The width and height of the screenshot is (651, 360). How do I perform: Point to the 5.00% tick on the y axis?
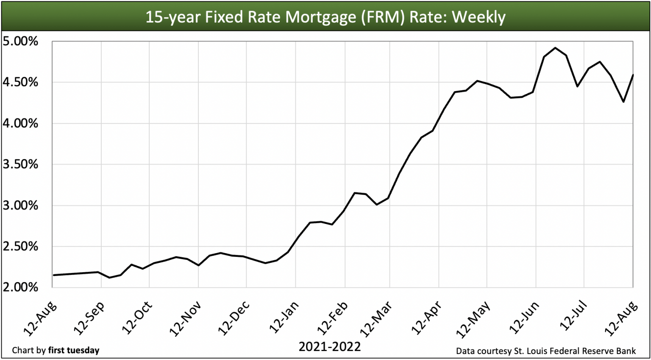pos(20,42)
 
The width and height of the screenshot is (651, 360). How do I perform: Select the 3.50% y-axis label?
pos(20,165)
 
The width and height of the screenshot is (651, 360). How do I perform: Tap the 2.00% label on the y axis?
pos(20,287)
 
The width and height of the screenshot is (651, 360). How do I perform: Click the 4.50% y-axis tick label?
pos(20,82)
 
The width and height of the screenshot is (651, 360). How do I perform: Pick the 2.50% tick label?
pos(20,246)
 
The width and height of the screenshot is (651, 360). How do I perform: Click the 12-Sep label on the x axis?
pos(89,318)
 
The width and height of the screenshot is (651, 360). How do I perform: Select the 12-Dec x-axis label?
pos(234,318)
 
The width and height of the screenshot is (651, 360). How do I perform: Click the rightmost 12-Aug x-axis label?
pos(621,318)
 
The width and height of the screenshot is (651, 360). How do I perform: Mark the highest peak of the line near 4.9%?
pos(555,47)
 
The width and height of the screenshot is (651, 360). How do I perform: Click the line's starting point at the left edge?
pos(53,275)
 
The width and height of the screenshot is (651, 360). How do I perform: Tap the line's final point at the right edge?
pos(633,75)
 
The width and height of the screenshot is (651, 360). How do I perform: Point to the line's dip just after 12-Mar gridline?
pos(377,204)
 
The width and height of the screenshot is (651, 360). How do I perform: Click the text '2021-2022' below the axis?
pos(329,347)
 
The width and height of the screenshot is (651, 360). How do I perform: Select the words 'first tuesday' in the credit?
pos(74,350)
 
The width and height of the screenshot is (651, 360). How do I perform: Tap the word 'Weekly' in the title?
pos(479,17)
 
